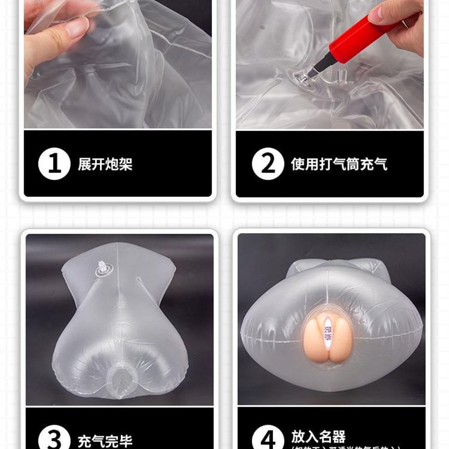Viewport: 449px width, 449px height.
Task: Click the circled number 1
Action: point(54,164)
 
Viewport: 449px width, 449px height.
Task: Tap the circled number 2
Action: point(267,164)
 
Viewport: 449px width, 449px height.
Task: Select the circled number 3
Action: point(54,439)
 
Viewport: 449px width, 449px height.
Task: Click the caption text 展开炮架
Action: point(105,164)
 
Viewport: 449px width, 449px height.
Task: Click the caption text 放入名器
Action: point(318,436)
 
